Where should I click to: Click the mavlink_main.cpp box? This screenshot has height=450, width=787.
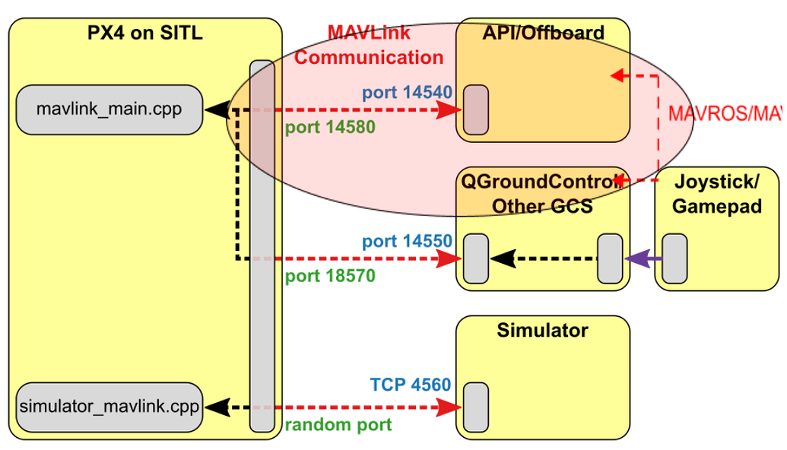pos(109,109)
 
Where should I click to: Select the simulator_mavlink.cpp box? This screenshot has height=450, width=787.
pos(109,407)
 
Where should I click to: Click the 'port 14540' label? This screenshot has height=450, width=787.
pos(407,93)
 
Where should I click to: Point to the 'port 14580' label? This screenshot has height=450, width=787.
pos(330,127)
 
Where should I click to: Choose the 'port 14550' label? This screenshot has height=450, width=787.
pos(407,241)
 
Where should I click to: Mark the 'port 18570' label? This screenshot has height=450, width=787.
pos(330,276)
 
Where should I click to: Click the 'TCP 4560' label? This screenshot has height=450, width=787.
pos(411,385)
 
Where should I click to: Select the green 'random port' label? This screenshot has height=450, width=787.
pos(338,425)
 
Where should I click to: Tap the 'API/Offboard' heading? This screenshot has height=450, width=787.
pos(543,33)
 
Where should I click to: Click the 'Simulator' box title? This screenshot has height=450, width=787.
pos(542,331)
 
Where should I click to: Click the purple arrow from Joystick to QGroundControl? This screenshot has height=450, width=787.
pos(643,259)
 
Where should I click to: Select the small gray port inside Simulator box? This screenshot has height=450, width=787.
pos(476,408)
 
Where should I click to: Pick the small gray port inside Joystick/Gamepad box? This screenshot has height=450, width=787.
pos(674,259)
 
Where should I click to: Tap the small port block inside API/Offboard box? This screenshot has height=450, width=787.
pos(476,109)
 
